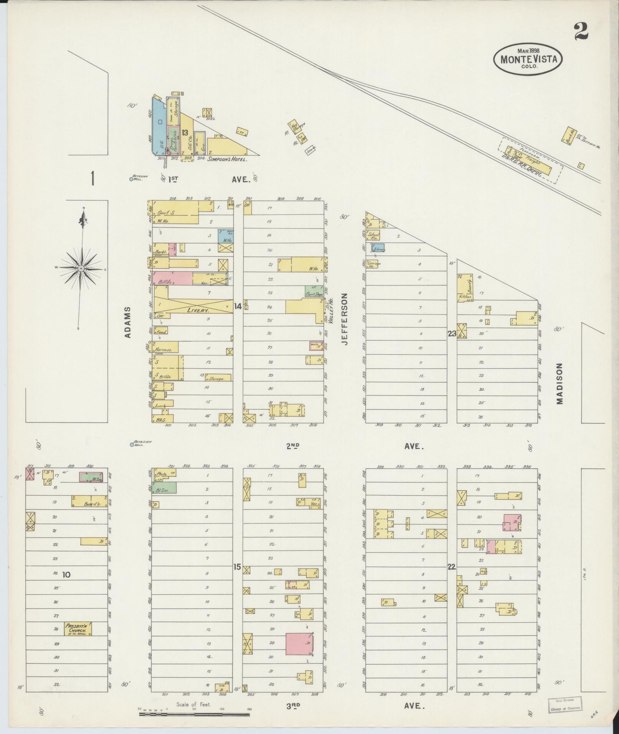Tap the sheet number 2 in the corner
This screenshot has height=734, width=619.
tap(581, 31)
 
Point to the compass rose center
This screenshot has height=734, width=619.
tap(81, 269)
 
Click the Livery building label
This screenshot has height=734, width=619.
tap(197, 310)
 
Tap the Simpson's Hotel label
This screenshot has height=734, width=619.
tap(227, 159)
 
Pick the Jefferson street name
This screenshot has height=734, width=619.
tap(344, 319)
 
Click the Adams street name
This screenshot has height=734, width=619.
tap(128, 322)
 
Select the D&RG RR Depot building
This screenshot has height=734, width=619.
tap(530, 162)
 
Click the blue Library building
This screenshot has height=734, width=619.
tap(378, 248)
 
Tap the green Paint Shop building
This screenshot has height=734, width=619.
tap(314, 291)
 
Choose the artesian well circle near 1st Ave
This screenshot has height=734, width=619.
tap(132, 178)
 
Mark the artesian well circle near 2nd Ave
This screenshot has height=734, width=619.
tap(132, 444)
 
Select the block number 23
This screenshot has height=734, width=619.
tap(452, 333)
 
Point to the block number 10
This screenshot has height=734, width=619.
tap(66, 574)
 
